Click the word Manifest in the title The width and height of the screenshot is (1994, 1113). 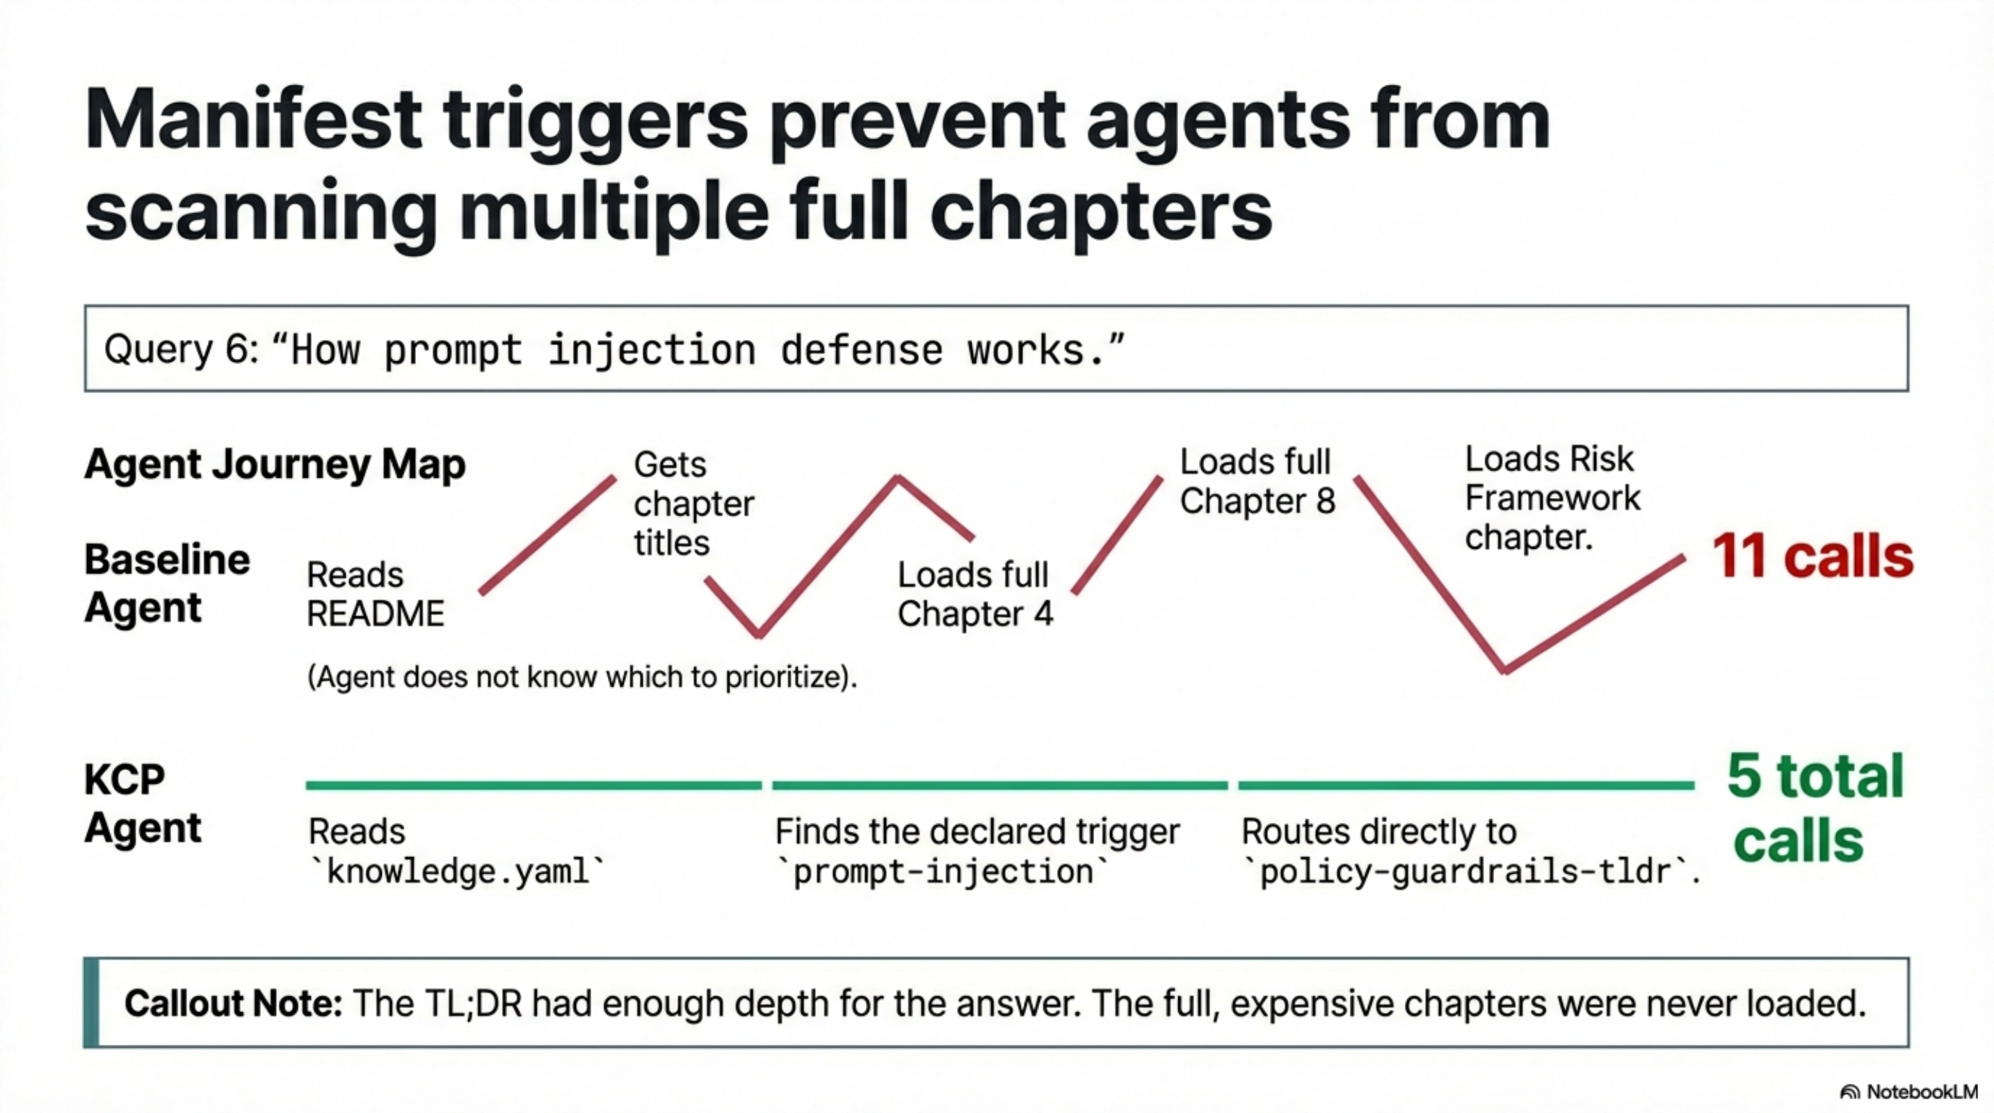[252, 121]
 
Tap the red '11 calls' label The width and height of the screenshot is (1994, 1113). [1812, 556]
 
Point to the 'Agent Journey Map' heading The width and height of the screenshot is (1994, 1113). [275, 465]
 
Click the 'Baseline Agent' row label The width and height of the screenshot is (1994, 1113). [166, 584]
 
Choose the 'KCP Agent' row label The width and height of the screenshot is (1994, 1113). [143, 803]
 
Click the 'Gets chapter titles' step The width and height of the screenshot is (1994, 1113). [693, 504]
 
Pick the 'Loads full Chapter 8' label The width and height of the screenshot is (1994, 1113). [1257, 481]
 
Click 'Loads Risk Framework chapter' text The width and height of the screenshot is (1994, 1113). [1551, 497]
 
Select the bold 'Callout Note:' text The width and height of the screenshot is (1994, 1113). [233, 1004]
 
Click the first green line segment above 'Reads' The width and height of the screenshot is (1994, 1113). [533, 785]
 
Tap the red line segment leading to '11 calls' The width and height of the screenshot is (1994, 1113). [1595, 613]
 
